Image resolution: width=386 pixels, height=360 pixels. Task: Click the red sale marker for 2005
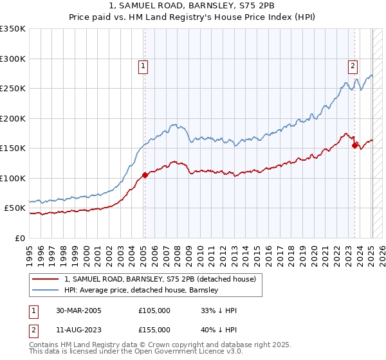[145, 174]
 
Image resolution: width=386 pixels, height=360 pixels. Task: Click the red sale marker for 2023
[354, 145]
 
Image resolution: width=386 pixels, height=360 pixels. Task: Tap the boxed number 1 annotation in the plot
[143, 65]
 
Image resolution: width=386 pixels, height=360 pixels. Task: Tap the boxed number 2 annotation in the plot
[353, 65]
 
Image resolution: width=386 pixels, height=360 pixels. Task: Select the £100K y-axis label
[13, 178]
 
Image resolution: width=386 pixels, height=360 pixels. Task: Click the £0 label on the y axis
[19, 238]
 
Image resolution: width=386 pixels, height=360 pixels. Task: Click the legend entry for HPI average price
[141, 290]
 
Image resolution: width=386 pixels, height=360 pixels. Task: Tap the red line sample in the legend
[46, 279]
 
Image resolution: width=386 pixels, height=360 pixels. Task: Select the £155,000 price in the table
[154, 329]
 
